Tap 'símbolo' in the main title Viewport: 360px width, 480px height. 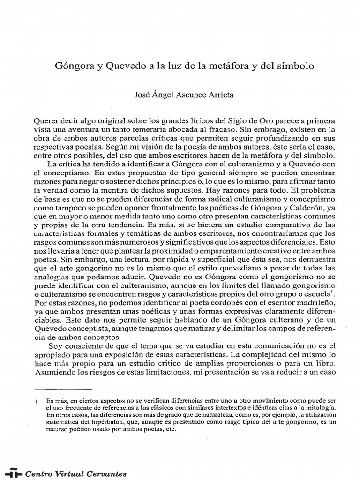(286, 66)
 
